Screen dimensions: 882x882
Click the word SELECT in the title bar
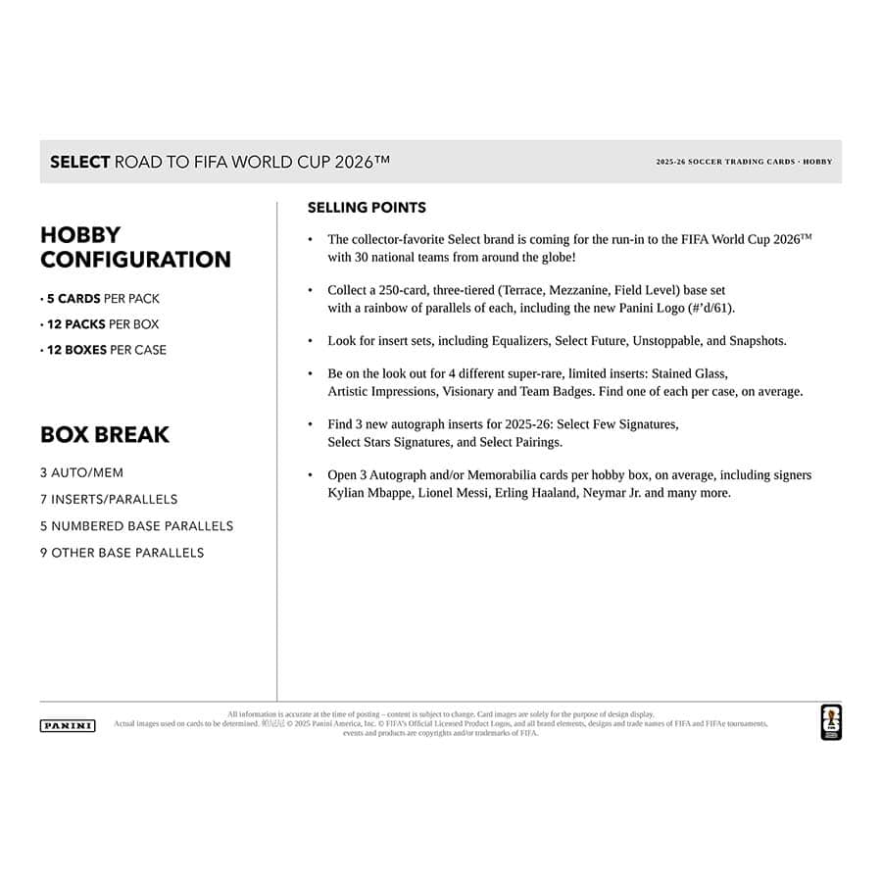(79, 162)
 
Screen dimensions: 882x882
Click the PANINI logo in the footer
(68, 726)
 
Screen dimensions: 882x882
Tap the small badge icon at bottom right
(830, 722)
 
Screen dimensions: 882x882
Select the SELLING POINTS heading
(367, 208)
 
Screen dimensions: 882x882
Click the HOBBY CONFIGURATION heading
(135, 247)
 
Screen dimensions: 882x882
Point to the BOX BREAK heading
(105, 434)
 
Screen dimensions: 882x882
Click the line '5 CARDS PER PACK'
(100, 299)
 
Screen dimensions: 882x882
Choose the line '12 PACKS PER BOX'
(100, 324)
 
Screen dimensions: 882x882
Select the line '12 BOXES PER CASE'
(104, 350)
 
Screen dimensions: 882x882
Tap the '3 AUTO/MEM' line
(82, 472)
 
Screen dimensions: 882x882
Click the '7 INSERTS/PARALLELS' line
(109, 499)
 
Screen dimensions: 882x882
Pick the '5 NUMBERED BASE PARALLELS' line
(137, 526)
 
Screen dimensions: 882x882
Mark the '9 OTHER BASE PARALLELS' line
(122, 553)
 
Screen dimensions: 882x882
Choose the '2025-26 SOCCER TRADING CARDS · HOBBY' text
(744, 162)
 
